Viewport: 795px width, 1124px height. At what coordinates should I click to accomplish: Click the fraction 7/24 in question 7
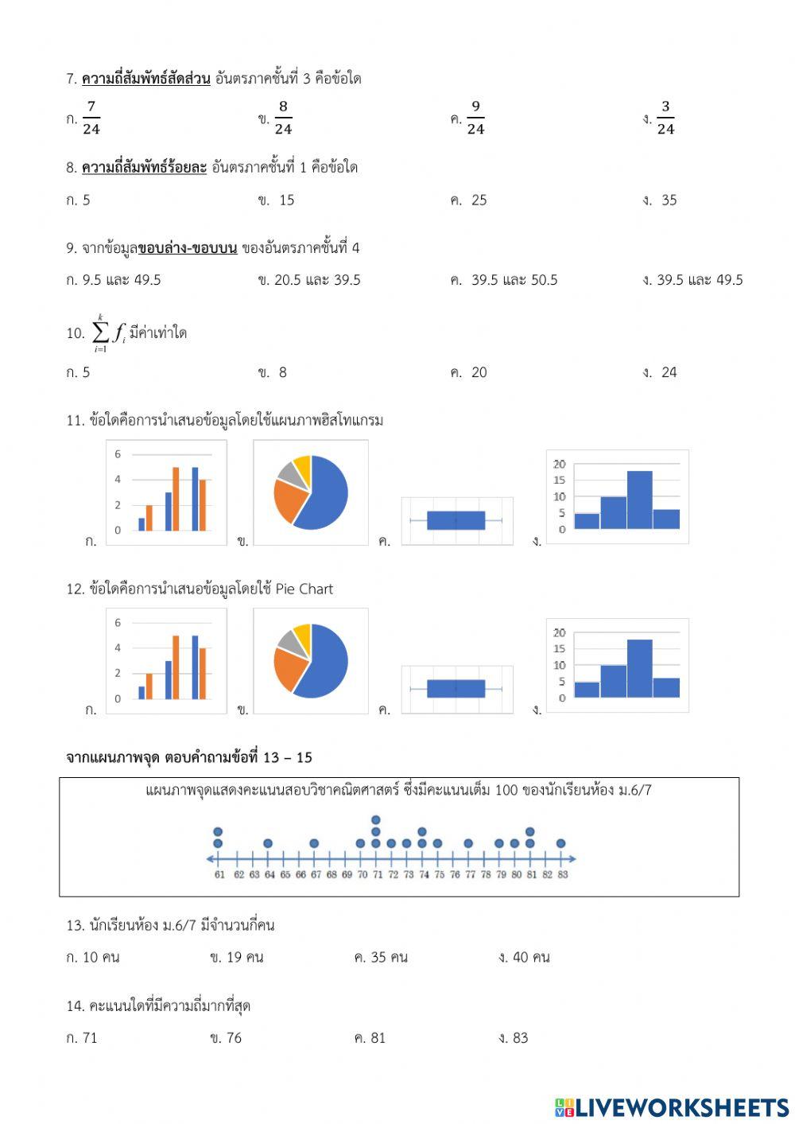click(91, 118)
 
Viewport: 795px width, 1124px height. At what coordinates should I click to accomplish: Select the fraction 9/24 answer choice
click(475, 118)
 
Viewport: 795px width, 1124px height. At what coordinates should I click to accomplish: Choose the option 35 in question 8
click(669, 200)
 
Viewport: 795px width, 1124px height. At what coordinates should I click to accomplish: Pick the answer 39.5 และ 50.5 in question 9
click(514, 280)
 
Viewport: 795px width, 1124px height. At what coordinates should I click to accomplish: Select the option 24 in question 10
click(669, 372)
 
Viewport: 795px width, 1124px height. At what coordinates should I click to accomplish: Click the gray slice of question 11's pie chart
click(290, 474)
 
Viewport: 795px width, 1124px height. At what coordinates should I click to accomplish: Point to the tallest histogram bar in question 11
click(639, 500)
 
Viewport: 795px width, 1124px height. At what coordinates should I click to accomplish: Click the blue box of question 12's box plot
click(456, 688)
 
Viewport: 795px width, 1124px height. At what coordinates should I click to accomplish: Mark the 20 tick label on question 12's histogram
click(559, 633)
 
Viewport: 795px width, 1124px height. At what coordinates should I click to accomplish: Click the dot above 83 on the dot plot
click(561, 843)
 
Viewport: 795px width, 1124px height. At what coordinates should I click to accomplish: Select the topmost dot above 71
click(376, 820)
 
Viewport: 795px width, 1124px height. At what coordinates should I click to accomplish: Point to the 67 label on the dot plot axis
click(316, 875)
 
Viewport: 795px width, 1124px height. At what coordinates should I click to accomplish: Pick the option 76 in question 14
click(233, 1038)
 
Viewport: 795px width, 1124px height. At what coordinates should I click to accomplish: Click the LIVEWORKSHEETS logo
click(672, 1107)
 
